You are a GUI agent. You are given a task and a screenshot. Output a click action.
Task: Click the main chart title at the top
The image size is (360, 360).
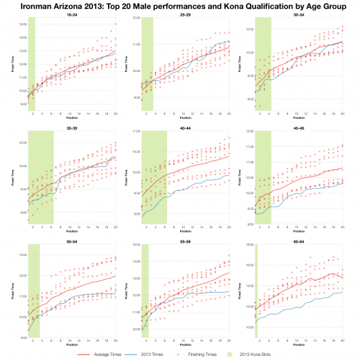tap(179, 5)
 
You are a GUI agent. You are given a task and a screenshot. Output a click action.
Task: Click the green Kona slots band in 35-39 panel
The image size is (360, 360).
tap(41, 177)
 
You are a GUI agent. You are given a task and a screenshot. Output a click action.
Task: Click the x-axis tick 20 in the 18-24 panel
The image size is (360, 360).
tap(115, 114)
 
